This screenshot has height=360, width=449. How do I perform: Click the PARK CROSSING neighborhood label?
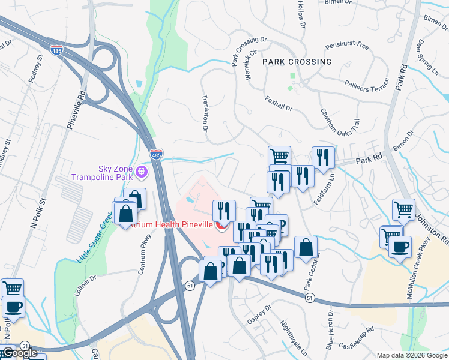(x=296, y=62)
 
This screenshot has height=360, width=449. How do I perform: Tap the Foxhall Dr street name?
(x=278, y=103)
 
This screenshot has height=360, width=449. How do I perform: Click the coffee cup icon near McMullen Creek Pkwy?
(x=400, y=247)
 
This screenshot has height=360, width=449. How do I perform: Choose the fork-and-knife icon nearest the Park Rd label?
(x=323, y=158)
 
